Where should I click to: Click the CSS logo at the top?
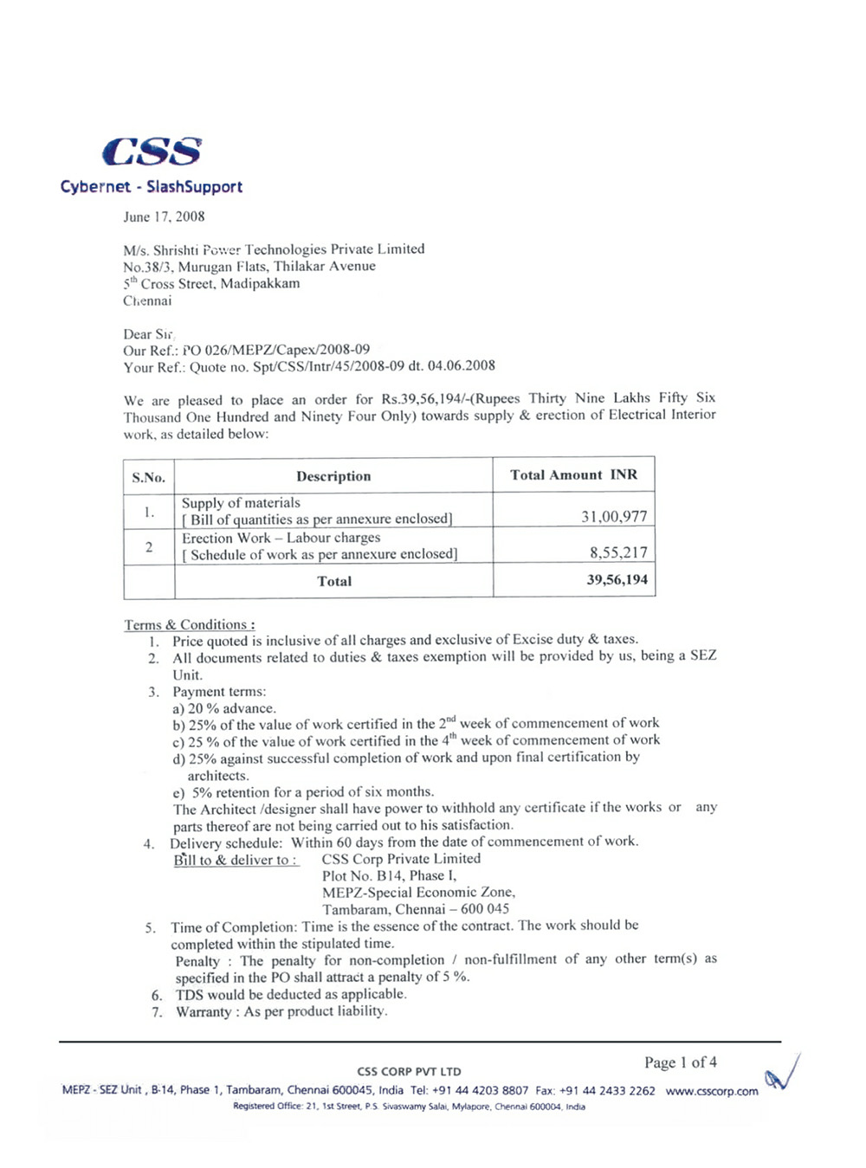152,152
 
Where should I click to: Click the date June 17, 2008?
164,216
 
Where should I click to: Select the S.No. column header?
148,477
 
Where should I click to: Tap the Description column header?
333,476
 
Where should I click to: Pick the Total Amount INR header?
573,474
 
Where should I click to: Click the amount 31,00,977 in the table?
614,517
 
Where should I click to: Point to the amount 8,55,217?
618,552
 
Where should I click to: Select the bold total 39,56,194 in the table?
617,580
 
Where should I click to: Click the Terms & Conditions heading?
189,624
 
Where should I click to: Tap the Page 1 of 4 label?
680,1062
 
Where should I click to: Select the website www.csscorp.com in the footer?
712,1091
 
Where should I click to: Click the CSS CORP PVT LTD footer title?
409,1071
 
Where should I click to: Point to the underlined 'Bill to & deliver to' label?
235,860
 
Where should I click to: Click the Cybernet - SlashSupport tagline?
152,187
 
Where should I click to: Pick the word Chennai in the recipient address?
147,301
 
